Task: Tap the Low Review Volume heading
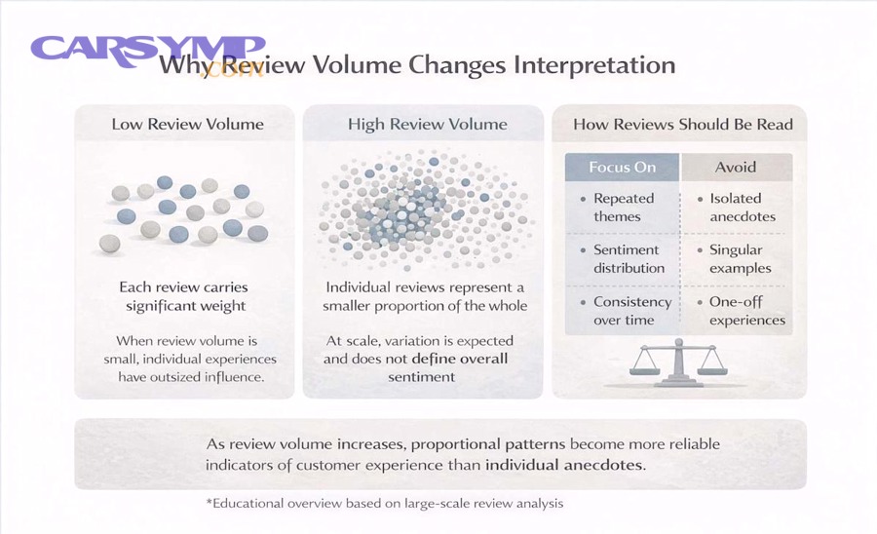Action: click(x=187, y=124)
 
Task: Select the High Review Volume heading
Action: click(x=428, y=124)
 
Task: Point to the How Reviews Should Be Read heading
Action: click(x=683, y=124)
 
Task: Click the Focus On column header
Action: click(x=622, y=168)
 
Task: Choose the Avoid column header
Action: click(x=735, y=168)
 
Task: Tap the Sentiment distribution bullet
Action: click(x=623, y=259)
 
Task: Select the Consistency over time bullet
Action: click(x=627, y=311)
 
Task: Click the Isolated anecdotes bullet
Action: click(x=737, y=208)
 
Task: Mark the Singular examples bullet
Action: click(x=735, y=259)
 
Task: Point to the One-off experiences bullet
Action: click(x=742, y=311)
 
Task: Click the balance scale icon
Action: click(x=678, y=364)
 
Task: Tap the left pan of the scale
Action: click(x=645, y=369)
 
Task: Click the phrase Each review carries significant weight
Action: click(x=184, y=296)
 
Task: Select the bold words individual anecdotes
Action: click(x=565, y=465)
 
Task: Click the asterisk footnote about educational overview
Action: click(x=385, y=503)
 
